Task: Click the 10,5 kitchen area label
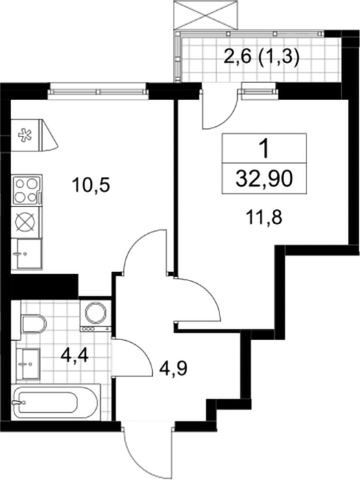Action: click(91, 186)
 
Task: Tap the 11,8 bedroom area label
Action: click(263, 218)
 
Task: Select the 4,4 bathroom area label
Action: click(74, 355)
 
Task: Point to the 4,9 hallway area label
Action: click(173, 369)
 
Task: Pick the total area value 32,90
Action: click(264, 178)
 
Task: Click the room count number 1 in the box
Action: click(263, 149)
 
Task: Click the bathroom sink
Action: click(27, 363)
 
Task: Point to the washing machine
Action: click(95, 314)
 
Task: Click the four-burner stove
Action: click(26, 191)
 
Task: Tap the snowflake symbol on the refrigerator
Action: click(25, 136)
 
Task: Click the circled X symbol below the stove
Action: click(26, 222)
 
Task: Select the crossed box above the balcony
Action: click(205, 15)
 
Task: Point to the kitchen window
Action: click(97, 91)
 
